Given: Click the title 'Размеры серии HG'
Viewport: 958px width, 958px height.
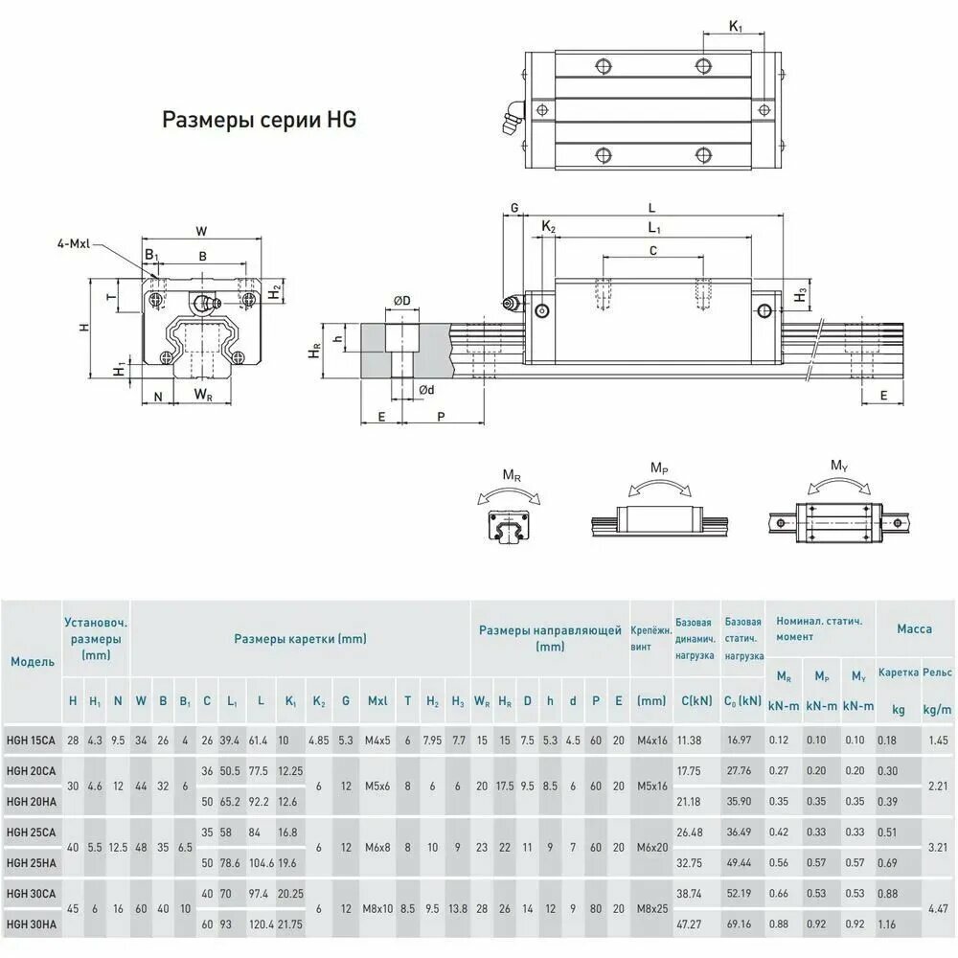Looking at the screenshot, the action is pyautogui.click(x=259, y=120).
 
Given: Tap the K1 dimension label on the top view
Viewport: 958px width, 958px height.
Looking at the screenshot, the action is pyautogui.click(x=736, y=26).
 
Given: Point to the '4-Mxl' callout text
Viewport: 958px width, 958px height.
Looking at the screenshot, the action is pyautogui.click(x=74, y=243).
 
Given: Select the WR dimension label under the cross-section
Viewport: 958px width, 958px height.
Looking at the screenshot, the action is pyautogui.click(x=203, y=395).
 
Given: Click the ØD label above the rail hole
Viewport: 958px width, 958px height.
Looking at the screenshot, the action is pyautogui.click(x=402, y=301).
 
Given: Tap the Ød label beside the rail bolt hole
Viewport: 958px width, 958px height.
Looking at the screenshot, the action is pyautogui.click(x=426, y=390).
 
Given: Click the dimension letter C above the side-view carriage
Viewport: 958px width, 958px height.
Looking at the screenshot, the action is pyautogui.click(x=653, y=250).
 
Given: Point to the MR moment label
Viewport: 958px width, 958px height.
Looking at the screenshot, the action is pyautogui.click(x=512, y=475).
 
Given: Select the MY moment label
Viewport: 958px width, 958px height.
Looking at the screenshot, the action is pyautogui.click(x=839, y=467).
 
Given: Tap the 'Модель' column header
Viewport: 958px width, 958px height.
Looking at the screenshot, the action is pyautogui.click(x=33, y=662).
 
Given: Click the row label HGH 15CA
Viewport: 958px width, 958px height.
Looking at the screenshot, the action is pyautogui.click(x=31, y=741).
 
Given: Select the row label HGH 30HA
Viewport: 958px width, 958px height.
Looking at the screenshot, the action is pyautogui.click(x=32, y=924).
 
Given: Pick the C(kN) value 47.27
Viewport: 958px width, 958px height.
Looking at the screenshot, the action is pyautogui.click(x=689, y=924).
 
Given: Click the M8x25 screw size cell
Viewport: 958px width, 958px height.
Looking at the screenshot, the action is pyautogui.click(x=652, y=909).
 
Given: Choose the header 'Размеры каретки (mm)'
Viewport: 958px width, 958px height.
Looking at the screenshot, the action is pyautogui.click(x=300, y=639).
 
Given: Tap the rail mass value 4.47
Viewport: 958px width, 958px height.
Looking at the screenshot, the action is pyautogui.click(x=938, y=909).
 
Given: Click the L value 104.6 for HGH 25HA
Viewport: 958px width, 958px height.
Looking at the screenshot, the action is pyautogui.click(x=262, y=863).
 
